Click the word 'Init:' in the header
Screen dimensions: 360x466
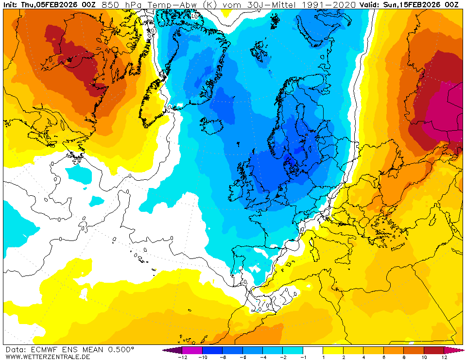pyautogui.click(x=11, y=5)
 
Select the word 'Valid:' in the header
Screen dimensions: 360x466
pyautogui.click(x=369, y=5)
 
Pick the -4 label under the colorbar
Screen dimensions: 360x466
pyautogui.click(x=262, y=357)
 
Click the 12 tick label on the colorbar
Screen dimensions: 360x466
pyautogui.click(x=444, y=357)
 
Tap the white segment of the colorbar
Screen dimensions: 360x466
pyautogui.click(x=313, y=350)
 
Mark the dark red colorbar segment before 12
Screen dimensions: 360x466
pyautogui.click(x=433, y=350)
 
